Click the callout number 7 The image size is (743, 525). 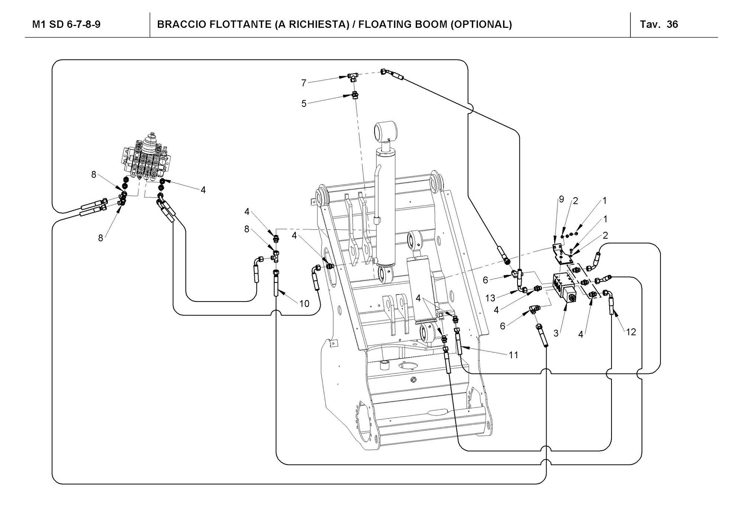(304, 83)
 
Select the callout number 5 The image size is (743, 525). (304, 104)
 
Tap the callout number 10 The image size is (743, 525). (304, 304)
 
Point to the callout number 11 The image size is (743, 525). (513, 355)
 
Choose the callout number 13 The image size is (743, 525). (490, 298)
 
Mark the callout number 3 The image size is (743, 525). (556, 333)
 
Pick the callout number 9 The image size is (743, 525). (561, 199)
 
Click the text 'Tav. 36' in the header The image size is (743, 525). (659, 25)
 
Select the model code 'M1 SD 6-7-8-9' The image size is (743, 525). (66, 25)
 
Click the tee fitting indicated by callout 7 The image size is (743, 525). (353, 77)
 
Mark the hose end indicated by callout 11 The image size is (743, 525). (458, 342)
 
